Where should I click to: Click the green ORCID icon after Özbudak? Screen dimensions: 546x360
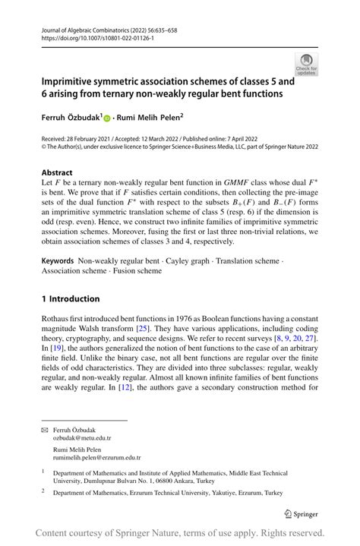pyautogui.click(x=107, y=118)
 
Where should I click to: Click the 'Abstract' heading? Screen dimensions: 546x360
pyautogui.click(x=57, y=172)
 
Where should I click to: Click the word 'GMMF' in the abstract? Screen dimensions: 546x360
pyautogui.click(x=235, y=184)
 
